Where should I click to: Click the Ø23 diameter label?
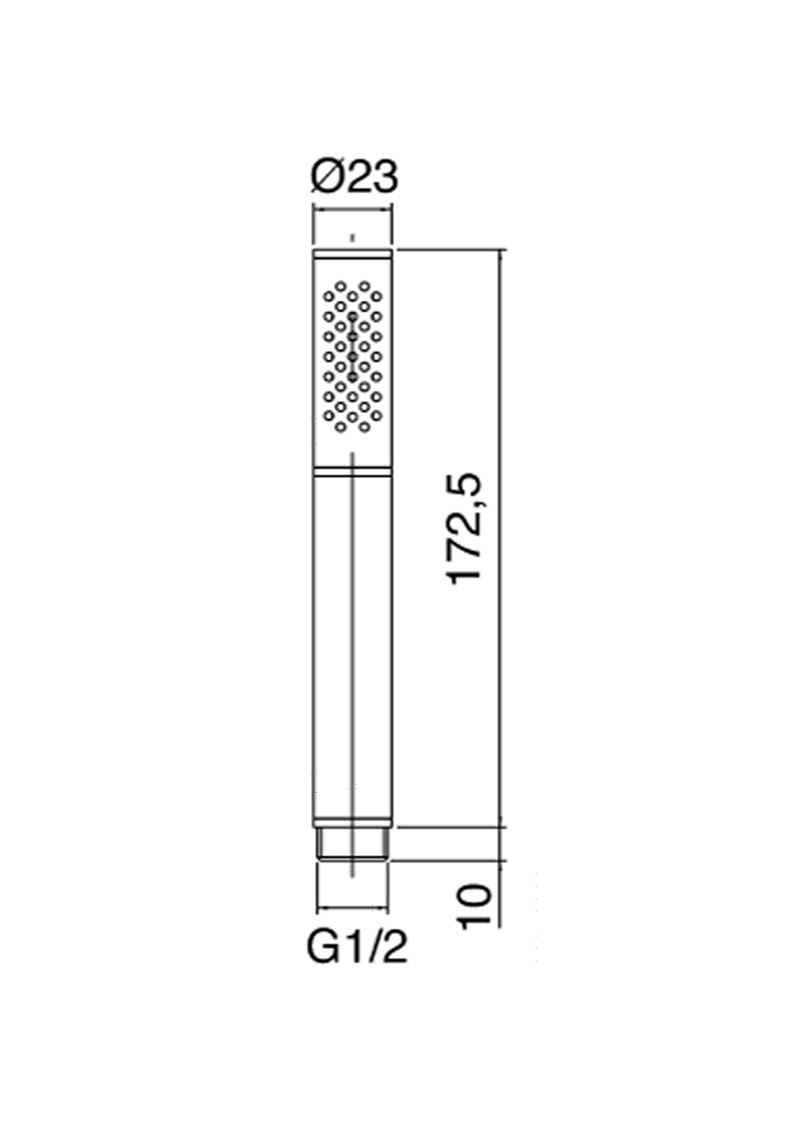click(x=353, y=178)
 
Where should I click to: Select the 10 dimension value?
click(x=472, y=903)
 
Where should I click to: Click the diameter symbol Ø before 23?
click(x=328, y=178)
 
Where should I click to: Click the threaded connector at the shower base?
click(x=353, y=845)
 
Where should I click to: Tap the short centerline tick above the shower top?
click(x=352, y=236)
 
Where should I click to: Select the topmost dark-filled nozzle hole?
click(x=352, y=315)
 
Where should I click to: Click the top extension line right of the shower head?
click(x=449, y=250)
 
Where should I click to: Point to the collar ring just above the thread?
click(x=353, y=820)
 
